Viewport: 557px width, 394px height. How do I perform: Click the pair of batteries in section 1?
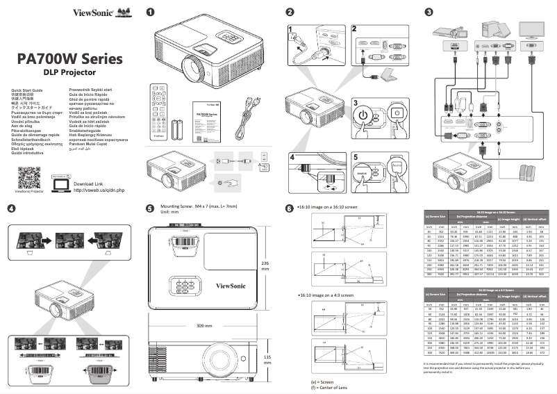(178, 129)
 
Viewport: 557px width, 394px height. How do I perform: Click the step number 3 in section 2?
(356, 101)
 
